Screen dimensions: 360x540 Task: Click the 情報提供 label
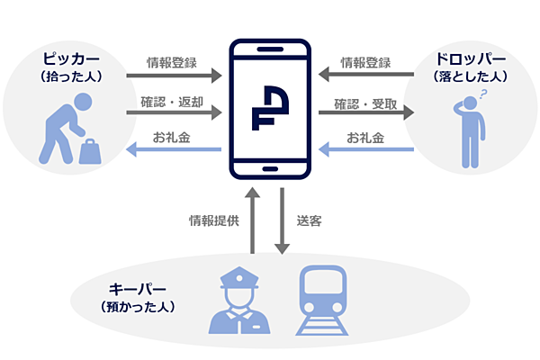tap(213, 220)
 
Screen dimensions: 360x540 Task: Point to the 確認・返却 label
tap(172, 100)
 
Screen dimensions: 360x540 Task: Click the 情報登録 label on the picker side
tap(172, 63)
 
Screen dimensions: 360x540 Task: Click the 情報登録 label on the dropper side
tap(365, 63)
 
